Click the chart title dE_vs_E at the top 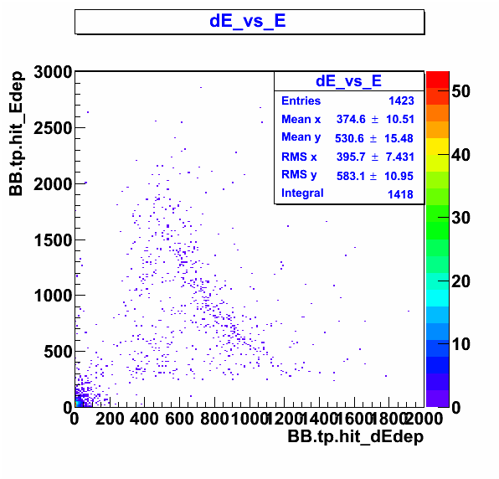(x=248, y=22)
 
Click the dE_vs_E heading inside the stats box (x=348, y=81)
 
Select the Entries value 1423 (x=401, y=100)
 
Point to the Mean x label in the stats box (x=301, y=120)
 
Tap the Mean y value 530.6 (x=349, y=138)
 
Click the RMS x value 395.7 (x=351, y=157)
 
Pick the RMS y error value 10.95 (x=399, y=176)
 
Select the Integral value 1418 (x=400, y=194)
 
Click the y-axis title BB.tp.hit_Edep (x=16, y=134)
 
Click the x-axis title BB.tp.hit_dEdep (x=356, y=436)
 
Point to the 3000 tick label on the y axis (x=54, y=72)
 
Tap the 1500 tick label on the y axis (x=54, y=240)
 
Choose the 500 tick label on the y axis (x=59, y=352)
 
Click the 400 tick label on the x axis (x=144, y=419)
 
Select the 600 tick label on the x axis (x=179, y=419)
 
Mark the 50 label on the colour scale (x=460, y=91)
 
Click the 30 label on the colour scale (x=460, y=218)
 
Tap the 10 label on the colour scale (x=460, y=344)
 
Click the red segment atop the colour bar (x=438, y=80)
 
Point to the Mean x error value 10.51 (x=400, y=120)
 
